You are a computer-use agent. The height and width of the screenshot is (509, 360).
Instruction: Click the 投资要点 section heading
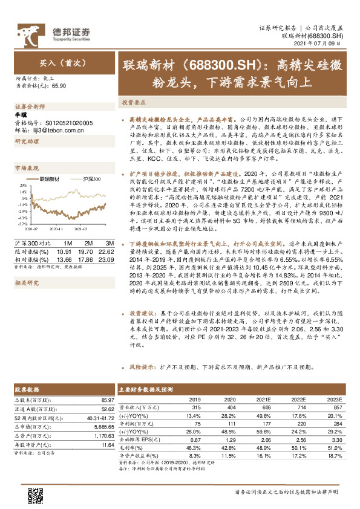133,103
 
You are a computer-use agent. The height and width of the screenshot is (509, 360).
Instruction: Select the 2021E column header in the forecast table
263,400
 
